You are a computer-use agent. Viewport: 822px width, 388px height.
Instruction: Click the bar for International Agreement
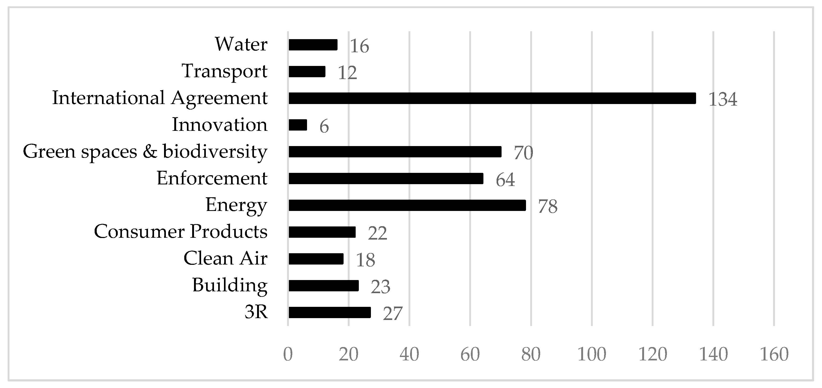pos(492,98)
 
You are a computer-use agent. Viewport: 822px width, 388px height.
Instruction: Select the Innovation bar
pos(298,125)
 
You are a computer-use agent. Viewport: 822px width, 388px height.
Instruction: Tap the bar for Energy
pos(407,205)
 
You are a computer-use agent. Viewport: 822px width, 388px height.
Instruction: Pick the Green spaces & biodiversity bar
pos(395,152)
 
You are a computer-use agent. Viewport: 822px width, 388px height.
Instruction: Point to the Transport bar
pos(307,71)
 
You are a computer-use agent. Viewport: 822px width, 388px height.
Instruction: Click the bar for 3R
pos(330,312)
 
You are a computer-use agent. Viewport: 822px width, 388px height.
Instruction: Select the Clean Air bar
pos(316,259)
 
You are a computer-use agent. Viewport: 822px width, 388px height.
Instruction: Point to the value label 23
pos(380,287)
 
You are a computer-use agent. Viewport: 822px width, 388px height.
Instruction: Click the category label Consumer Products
pos(181,231)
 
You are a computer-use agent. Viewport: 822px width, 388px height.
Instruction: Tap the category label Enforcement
pos(212,178)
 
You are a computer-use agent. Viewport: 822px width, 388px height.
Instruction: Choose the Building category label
pos(230,285)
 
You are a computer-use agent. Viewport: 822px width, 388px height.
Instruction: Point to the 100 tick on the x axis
pos(592,354)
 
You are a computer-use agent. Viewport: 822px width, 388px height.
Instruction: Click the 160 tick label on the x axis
pos(774,354)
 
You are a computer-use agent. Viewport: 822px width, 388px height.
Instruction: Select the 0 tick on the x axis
pos(288,354)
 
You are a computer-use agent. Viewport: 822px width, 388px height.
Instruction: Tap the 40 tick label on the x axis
pos(409,354)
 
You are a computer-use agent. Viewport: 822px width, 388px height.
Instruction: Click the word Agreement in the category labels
pos(219,98)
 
